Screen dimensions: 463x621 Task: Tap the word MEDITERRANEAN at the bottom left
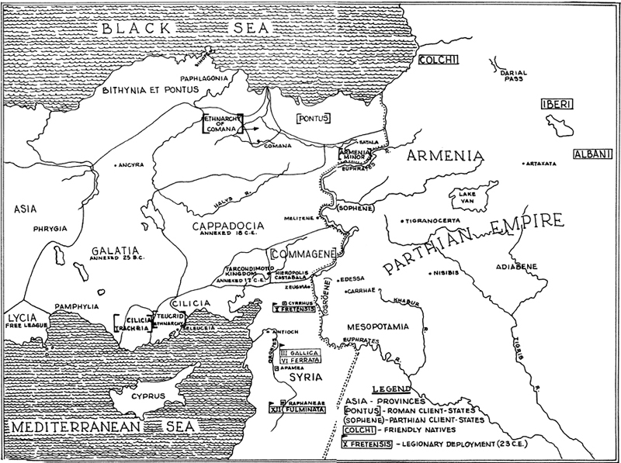(64, 428)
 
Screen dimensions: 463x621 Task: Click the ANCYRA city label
(133, 164)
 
